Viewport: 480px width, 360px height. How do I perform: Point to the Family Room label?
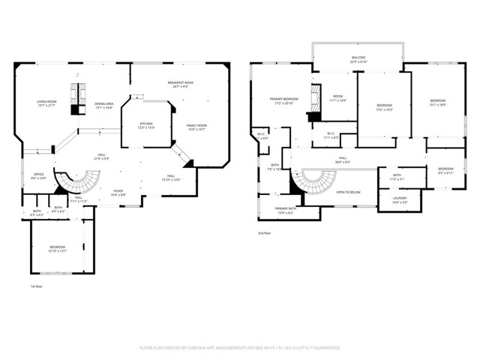point(196,127)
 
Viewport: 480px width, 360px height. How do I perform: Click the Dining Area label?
point(103,105)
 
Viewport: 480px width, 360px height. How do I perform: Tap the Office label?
point(39,176)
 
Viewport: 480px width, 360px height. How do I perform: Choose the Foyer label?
point(118,193)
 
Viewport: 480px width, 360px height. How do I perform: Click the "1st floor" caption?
point(37,286)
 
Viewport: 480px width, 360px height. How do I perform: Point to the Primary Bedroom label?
point(285,101)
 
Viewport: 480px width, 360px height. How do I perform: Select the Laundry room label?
point(400,200)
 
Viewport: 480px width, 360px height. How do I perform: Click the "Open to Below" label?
point(348,193)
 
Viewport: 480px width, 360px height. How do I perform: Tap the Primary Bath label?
point(286,211)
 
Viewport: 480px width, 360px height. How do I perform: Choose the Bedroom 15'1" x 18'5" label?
point(437,103)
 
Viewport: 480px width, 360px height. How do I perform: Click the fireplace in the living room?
point(75,98)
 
